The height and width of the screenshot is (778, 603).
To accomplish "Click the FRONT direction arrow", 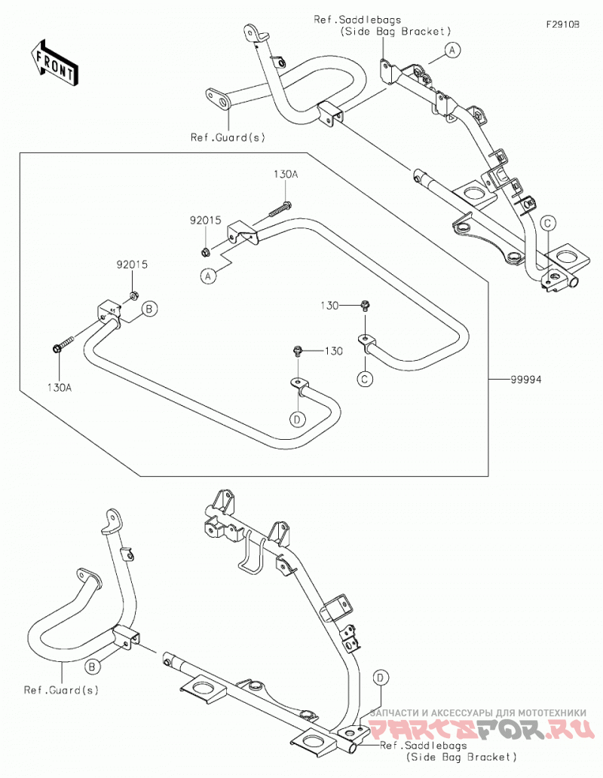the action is tap(53, 63).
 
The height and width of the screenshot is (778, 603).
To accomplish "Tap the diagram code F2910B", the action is tap(563, 24).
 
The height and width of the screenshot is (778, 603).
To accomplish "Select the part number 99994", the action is tap(526, 380).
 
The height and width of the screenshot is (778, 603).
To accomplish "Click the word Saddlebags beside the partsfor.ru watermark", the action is tap(435, 746).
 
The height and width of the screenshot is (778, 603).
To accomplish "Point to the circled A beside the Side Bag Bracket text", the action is tap(452, 50).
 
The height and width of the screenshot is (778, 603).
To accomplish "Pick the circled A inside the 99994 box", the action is tap(209, 276).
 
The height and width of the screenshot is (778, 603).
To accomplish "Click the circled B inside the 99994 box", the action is tap(149, 309).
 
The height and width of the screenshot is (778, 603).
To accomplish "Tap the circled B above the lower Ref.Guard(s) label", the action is tap(91, 667).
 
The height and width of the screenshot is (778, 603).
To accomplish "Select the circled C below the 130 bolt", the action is tap(365, 379).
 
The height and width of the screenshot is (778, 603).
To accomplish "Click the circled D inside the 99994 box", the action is tap(297, 420).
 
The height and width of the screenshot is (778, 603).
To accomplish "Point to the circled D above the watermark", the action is tap(381, 677).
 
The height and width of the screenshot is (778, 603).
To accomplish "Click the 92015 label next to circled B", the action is tap(132, 265).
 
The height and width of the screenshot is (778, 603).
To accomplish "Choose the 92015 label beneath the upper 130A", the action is tap(205, 221).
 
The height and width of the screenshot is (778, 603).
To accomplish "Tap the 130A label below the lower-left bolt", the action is tap(60, 388).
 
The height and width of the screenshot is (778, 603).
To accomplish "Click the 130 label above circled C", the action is tap(329, 306).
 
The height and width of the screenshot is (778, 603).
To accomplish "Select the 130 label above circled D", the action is tap(334, 351).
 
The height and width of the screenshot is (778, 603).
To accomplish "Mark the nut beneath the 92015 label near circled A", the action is tap(204, 252).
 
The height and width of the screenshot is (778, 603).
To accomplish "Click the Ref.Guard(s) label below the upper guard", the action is tap(228, 137).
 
